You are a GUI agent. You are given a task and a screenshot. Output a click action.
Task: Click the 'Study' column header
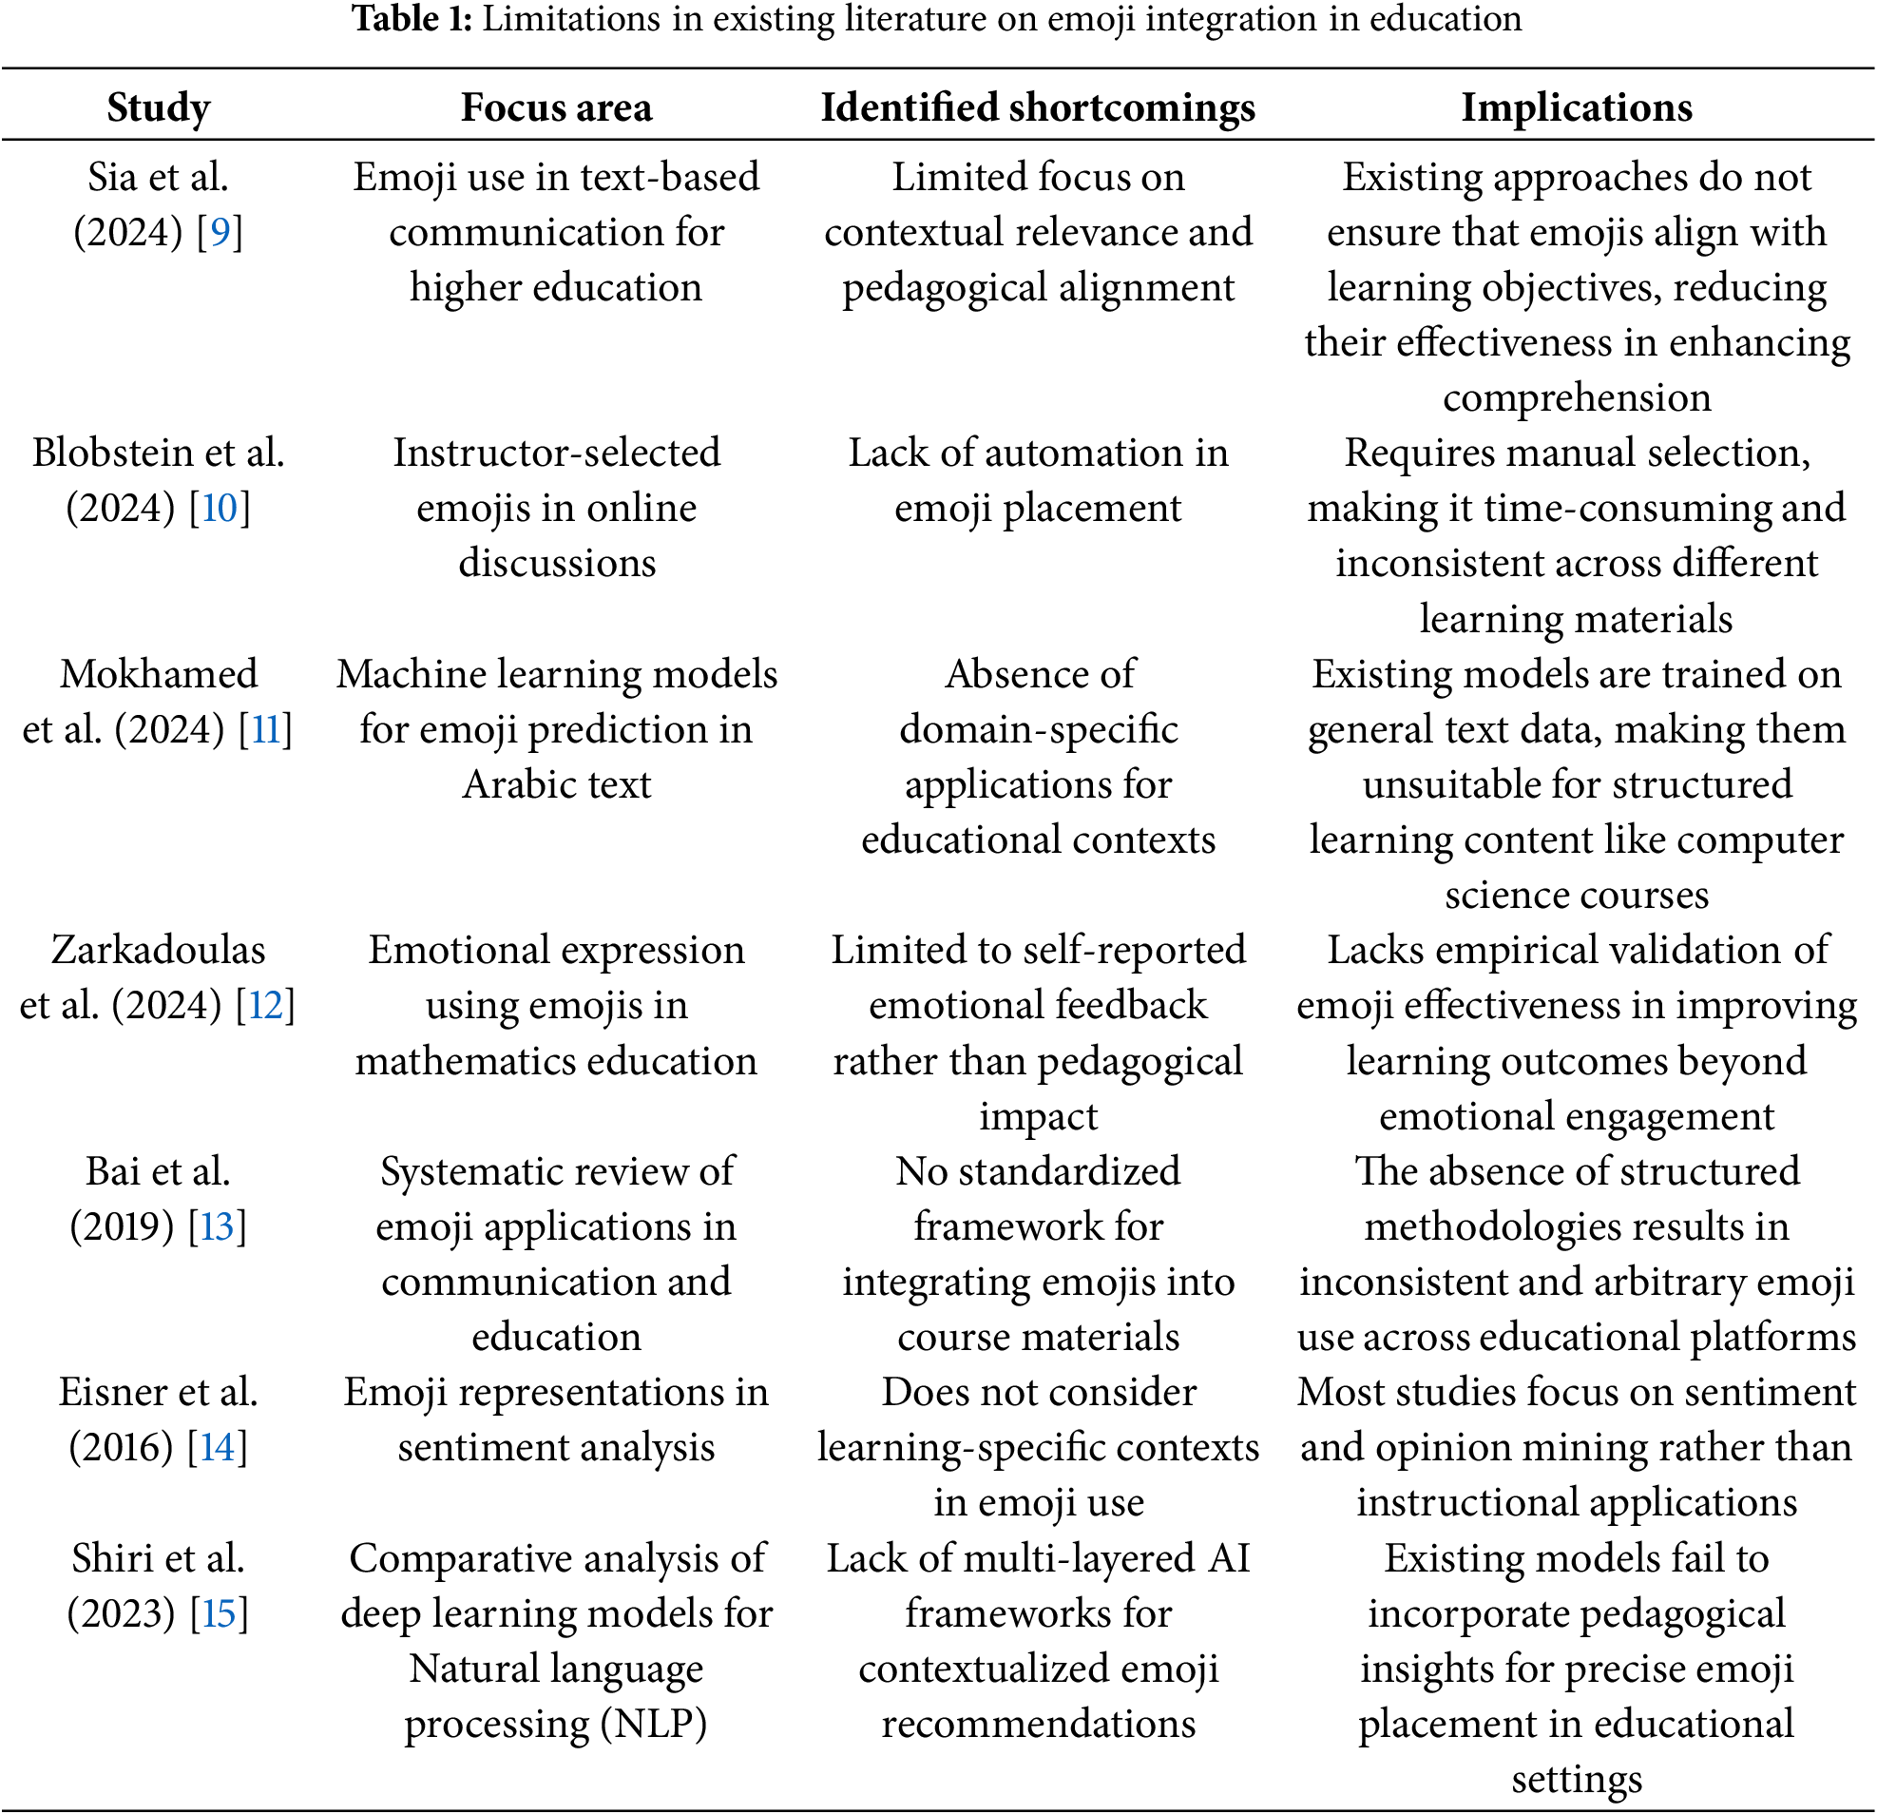(x=158, y=107)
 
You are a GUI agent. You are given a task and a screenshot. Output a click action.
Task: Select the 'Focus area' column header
(x=556, y=107)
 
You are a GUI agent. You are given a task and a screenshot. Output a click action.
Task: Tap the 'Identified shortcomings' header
(x=1038, y=107)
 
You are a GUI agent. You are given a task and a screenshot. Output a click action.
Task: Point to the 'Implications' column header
(x=1577, y=107)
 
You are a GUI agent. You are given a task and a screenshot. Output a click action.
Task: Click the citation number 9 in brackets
(x=220, y=232)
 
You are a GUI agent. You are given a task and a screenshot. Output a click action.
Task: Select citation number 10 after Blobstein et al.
(x=219, y=508)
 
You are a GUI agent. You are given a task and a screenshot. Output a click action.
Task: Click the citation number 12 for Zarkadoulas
(x=265, y=1006)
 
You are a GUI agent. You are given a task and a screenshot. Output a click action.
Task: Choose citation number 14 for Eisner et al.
(x=217, y=1447)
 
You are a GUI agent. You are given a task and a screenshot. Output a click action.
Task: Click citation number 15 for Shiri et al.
(x=219, y=1613)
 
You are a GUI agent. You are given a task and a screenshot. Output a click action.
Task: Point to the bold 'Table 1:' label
(x=412, y=18)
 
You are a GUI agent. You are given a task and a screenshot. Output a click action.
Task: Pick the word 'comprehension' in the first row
(x=1577, y=397)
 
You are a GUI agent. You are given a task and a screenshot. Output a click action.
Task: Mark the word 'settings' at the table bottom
(x=1577, y=1780)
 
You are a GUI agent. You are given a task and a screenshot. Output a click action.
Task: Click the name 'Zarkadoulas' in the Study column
(x=158, y=950)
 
